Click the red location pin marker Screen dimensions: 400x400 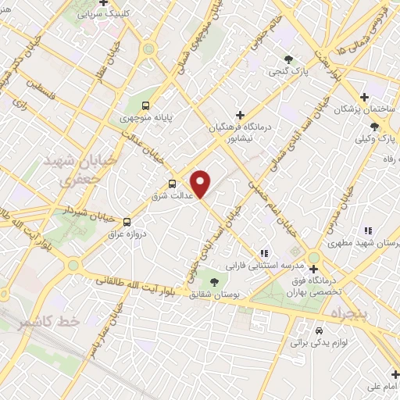coord(201,184)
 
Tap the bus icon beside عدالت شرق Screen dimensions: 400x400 coord(172,184)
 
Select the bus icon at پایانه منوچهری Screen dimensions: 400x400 coord(145,105)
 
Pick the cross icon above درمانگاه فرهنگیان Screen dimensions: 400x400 coord(240,115)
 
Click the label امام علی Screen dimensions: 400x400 coord(381,386)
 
